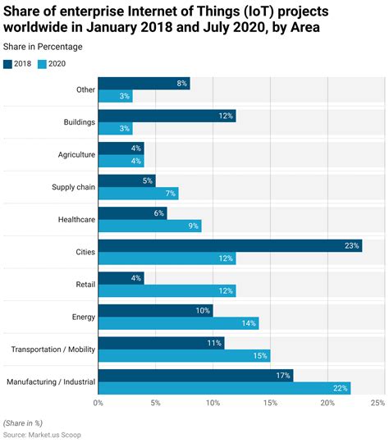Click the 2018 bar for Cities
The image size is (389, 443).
click(x=230, y=245)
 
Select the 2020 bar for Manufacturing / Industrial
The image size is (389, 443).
click(x=224, y=387)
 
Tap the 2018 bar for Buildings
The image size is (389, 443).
click(x=167, y=116)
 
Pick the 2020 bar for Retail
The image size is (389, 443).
click(x=167, y=290)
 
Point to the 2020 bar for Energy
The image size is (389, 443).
click(x=178, y=322)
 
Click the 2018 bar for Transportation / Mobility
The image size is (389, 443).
click(x=161, y=343)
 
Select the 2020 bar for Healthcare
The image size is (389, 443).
click(x=149, y=226)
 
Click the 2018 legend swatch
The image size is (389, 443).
click(x=8, y=64)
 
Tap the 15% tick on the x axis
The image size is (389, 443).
click(x=270, y=404)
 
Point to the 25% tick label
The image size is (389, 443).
click(x=377, y=404)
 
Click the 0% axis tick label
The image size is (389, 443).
click(x=98, y=404)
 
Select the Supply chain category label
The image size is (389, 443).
click(x=74, y=187)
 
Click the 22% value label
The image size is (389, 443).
click(x=341, y=387)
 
